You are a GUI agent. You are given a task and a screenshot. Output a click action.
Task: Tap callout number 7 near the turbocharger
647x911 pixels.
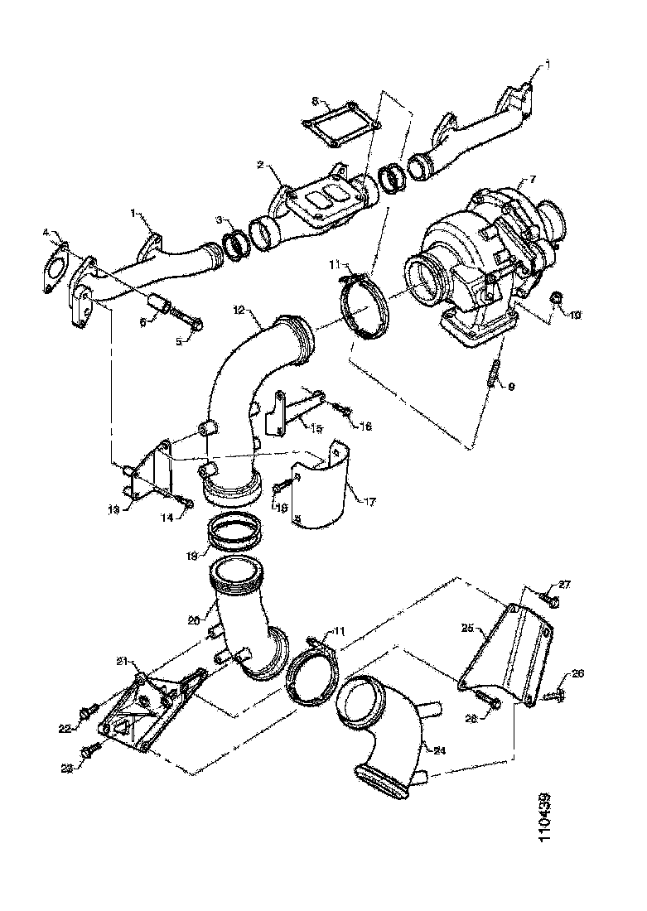pos(533,178)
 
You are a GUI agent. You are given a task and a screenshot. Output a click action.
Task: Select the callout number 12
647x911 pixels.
pos(238,311)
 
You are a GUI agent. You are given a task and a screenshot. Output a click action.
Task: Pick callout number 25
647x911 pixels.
pos(466,629)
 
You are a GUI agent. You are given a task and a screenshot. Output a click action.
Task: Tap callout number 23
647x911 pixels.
pos(67,767)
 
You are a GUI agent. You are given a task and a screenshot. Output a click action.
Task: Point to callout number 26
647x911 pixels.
pos(577,674)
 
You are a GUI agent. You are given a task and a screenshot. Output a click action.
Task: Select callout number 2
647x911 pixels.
pos(260,166)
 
